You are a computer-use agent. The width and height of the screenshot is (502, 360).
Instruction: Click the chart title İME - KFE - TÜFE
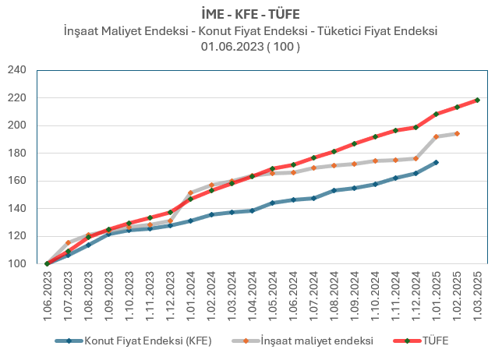250,14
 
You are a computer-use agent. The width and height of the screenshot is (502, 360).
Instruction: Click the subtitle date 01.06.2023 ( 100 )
250,46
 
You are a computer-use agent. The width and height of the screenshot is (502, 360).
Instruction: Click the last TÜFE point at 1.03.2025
477,100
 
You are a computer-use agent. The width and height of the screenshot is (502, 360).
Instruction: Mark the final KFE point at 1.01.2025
436,162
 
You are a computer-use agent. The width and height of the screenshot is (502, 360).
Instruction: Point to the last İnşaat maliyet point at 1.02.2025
457,133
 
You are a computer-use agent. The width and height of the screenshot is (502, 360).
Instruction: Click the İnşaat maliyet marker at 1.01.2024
190,192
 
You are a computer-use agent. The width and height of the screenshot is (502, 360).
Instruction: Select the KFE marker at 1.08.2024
334,190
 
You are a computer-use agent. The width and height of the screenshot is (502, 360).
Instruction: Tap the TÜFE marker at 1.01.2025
436,114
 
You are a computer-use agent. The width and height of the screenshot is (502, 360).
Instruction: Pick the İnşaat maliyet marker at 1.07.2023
68,242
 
